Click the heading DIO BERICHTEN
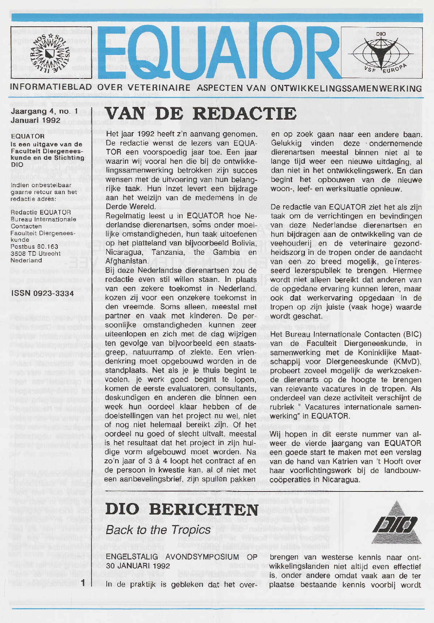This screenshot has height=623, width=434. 182,510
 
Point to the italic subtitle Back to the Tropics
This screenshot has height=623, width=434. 158,530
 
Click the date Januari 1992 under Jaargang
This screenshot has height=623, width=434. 35,120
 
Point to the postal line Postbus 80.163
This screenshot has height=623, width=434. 34,246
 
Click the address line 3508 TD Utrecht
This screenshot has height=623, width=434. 35,253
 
